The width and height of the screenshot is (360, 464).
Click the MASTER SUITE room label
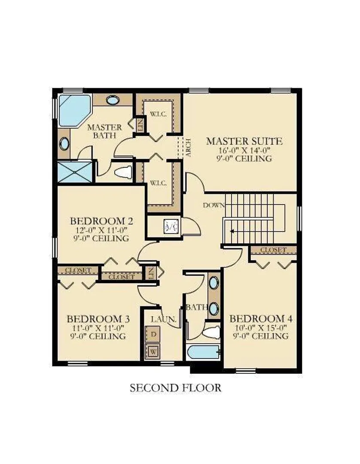pos(244,141)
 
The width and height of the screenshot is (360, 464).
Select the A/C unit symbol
pos(171,227)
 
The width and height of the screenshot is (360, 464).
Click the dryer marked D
pos(153,334)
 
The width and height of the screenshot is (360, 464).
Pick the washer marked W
pos(153,351)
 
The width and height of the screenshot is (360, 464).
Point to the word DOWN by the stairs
pos(214,205)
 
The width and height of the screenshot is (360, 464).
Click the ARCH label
pos(188,148)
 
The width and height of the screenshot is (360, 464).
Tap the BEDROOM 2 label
pos(101,221)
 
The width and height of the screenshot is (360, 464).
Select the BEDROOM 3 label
pos(98,319)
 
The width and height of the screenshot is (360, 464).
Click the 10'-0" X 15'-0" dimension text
pos(261,327)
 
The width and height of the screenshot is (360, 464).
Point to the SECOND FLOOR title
pos(175,388)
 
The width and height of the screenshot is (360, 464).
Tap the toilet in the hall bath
pos(211,333)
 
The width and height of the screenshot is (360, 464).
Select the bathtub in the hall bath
pos(204,352)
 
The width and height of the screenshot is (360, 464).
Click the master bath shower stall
pos(75,171)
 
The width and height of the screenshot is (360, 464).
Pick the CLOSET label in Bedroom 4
pos(273,250)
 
